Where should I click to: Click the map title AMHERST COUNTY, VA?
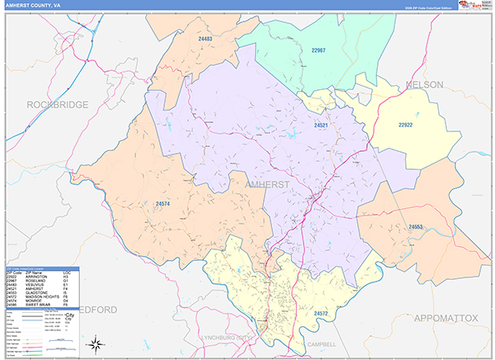click(35, 5)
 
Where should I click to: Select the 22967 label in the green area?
click(318, 51)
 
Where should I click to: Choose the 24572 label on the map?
click(322, 314)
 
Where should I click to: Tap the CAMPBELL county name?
click(319, 343)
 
